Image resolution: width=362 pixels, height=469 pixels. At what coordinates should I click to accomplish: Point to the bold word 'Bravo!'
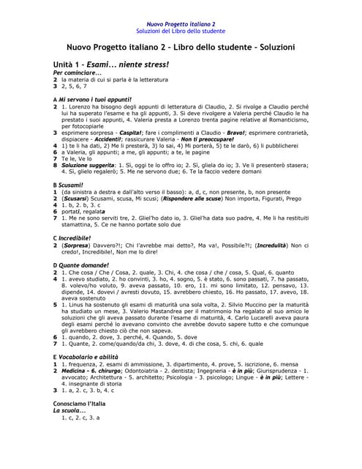pos(236,133)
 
